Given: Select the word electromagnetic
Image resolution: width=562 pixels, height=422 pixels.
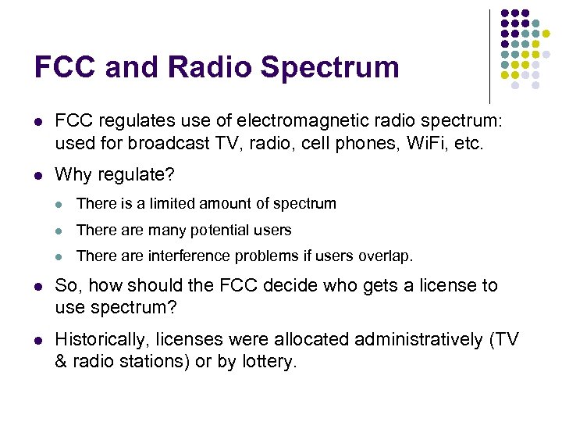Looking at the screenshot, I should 299,122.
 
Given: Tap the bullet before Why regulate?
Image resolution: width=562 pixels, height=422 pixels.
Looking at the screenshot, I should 38,175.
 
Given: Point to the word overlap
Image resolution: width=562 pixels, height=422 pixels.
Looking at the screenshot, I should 387,256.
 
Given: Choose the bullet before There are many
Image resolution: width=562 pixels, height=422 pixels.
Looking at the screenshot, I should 61,231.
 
